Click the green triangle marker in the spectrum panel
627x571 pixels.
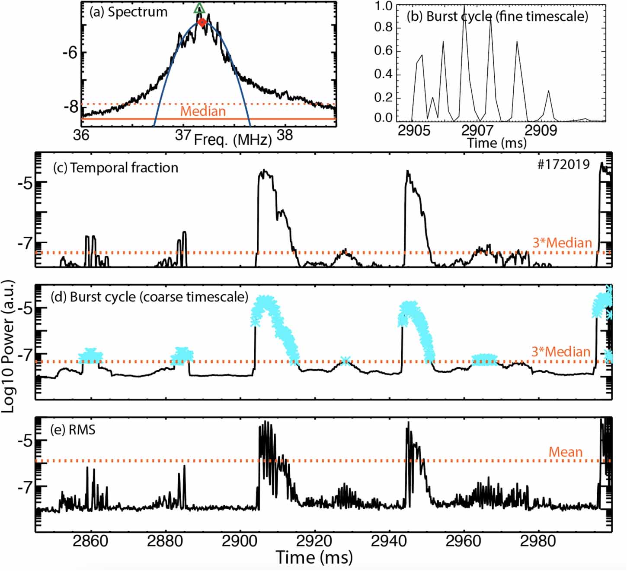point(199,8)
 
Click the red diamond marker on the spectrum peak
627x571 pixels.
point(202,22)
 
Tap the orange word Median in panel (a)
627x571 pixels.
point(203,111)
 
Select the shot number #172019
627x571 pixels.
point(563,165)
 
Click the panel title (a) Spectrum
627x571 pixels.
point(128,12)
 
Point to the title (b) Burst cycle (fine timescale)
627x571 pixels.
point(497,16)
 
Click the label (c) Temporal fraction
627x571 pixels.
point(115,168)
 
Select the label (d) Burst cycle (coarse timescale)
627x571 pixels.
point(149,297)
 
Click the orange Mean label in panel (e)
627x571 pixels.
point(565,452)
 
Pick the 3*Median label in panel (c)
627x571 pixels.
point(562,243)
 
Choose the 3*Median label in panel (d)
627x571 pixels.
point(561,352)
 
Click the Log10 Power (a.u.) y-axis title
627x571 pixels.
point(8,346)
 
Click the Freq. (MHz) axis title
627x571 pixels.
point(233,140)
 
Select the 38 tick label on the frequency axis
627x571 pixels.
point(285,135)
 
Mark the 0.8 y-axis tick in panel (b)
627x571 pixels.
point(383,27)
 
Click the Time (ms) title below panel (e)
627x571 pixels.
point(314,558)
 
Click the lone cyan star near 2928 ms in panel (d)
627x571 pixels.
point(345,361)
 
